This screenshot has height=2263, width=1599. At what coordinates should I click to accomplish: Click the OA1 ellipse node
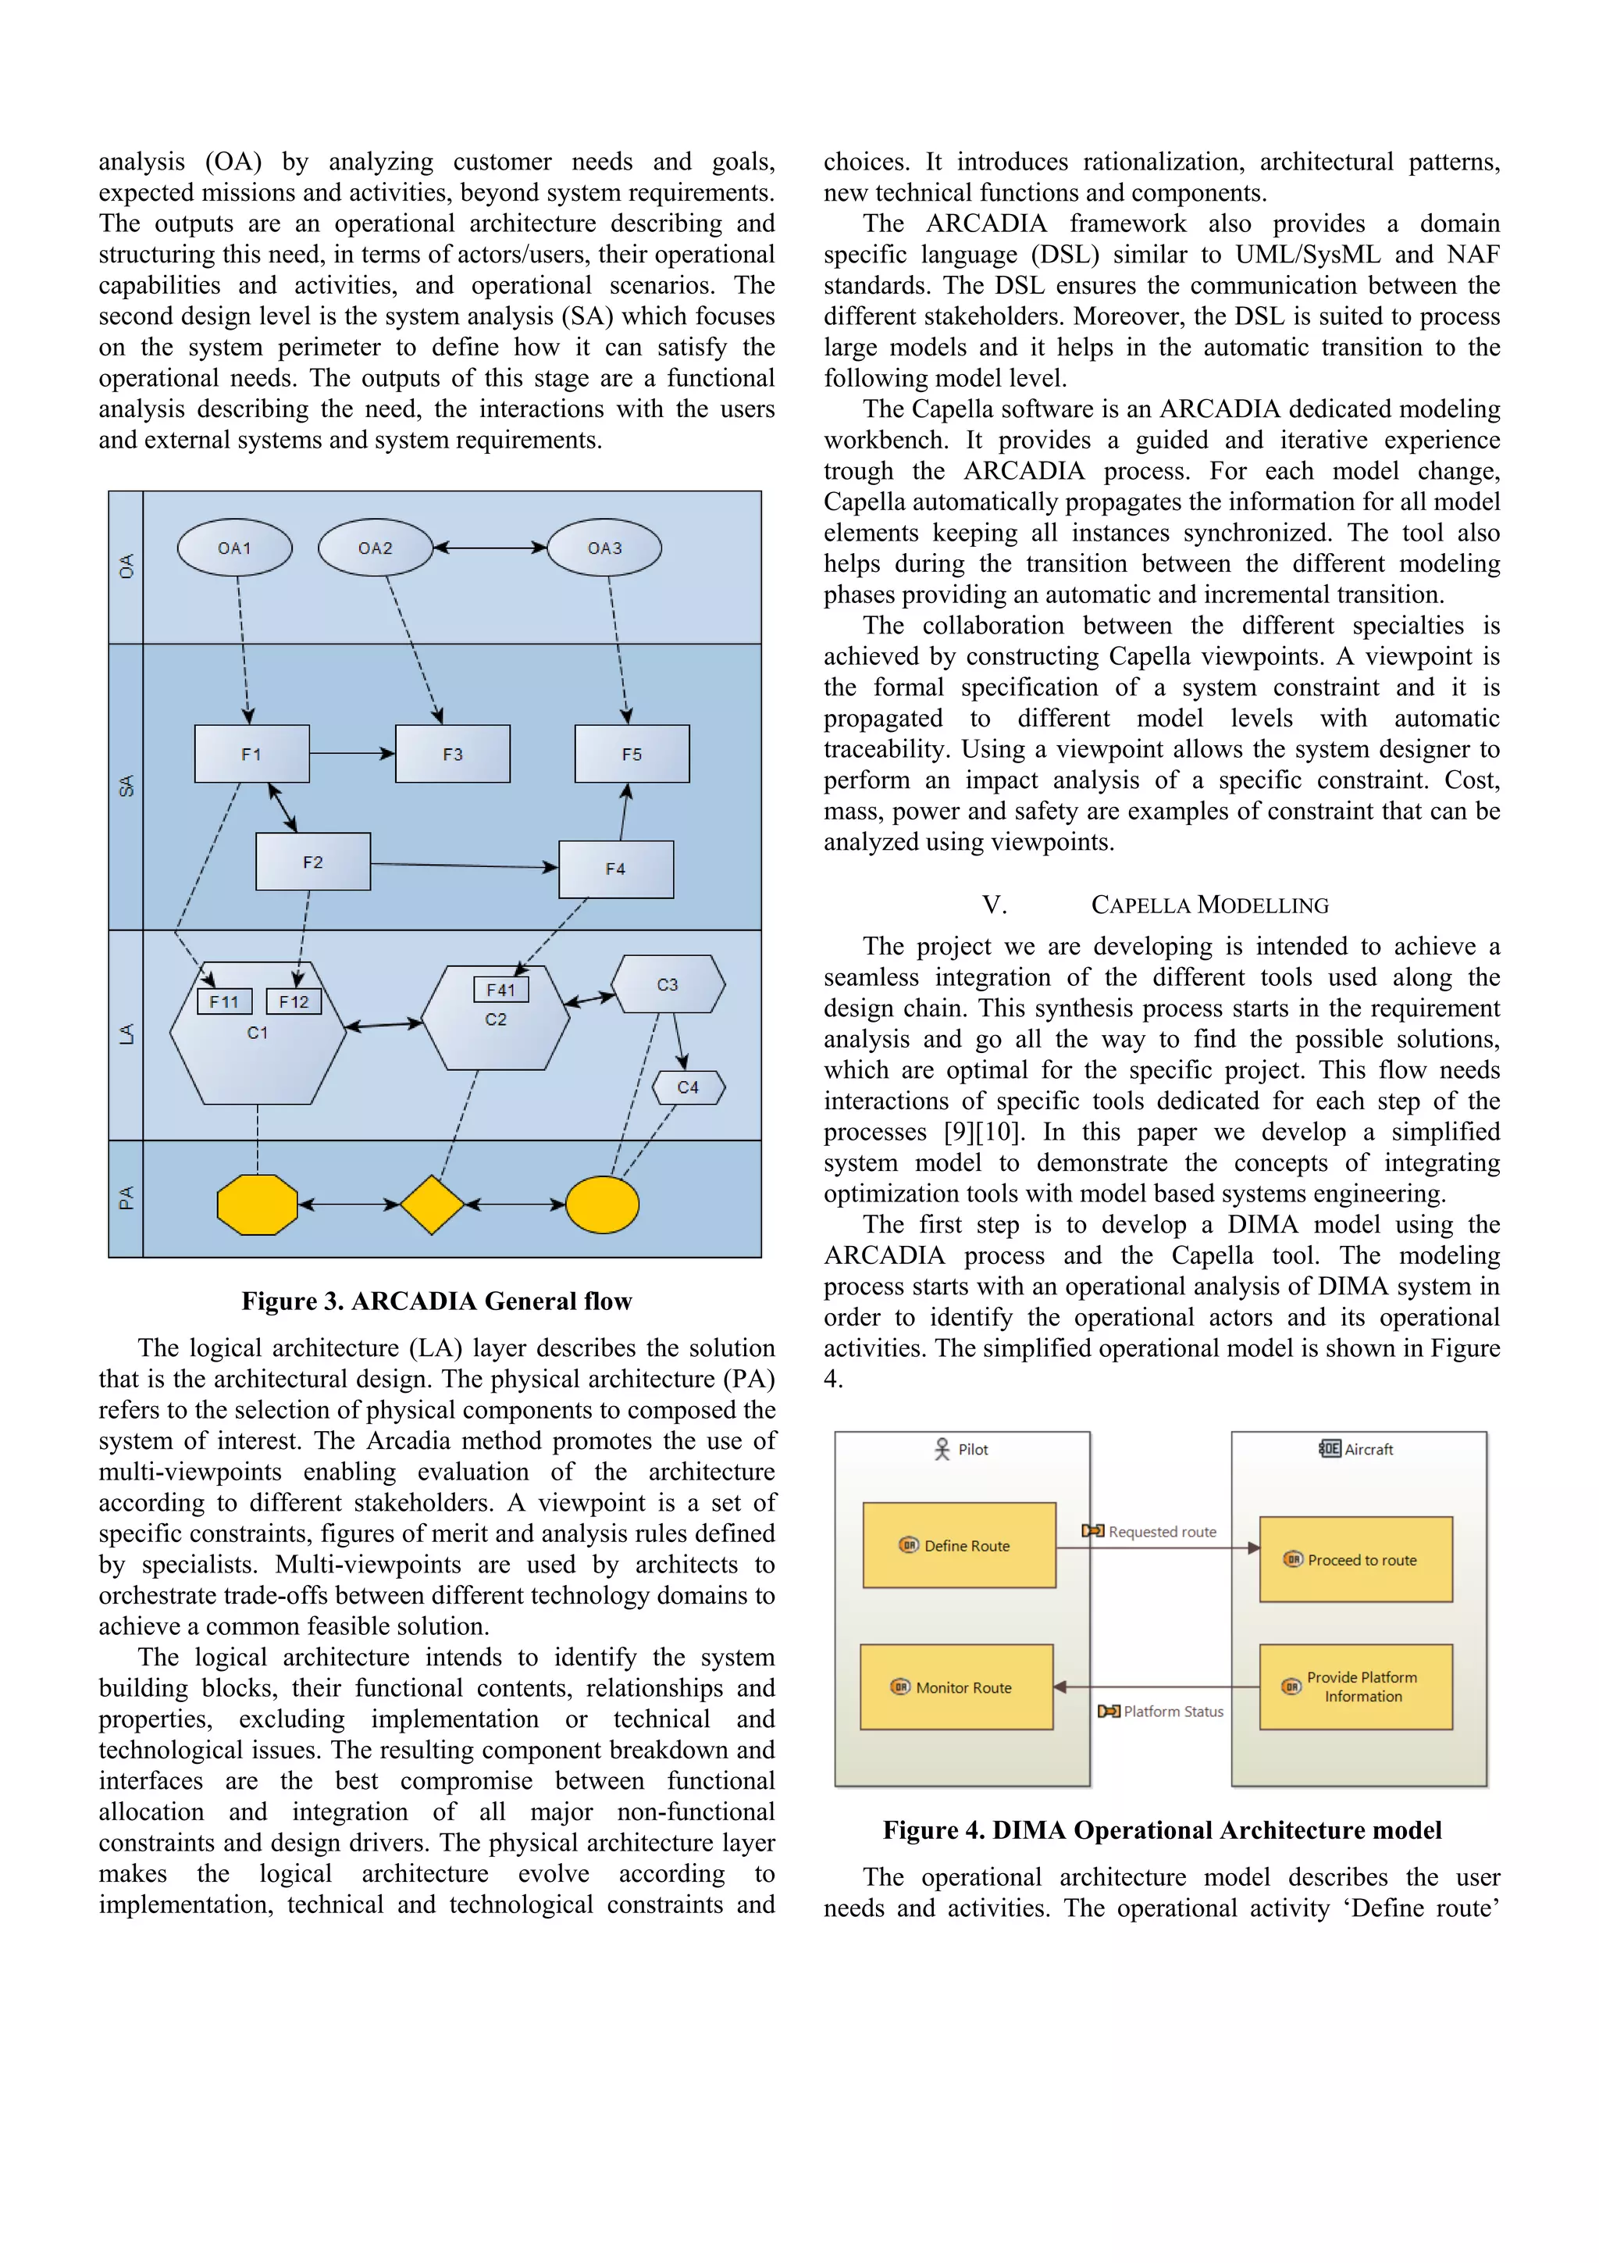coord(234,548)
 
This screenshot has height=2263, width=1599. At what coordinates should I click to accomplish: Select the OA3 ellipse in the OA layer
coord(604,548)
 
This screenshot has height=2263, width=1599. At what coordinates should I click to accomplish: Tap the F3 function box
coord(452,754)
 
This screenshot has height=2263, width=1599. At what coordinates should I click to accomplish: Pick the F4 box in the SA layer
coord(616,869)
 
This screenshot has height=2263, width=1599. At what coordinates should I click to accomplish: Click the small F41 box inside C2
coord(500,990)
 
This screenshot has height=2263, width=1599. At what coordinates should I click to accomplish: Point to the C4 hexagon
coord(688,1087)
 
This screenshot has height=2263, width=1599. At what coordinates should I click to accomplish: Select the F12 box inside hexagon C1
coord(294,1001)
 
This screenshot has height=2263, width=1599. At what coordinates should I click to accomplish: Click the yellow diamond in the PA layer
coord(432,1205)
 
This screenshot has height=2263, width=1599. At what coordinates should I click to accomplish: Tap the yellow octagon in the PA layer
coord(257,1205)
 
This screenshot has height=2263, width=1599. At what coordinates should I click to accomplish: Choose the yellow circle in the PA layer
coord(603,1205)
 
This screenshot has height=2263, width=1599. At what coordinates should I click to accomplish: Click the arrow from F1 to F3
coord(351,754)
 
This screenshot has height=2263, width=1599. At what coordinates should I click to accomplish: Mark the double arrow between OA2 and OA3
coord(490,548)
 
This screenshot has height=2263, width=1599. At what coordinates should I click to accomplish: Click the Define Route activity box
coord(959,1545)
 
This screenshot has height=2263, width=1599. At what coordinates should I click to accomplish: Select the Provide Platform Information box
coord(1355,1687)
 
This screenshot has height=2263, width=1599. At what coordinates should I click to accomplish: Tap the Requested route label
coord(1162,1532)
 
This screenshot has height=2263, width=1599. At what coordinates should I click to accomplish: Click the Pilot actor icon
coord(942,1449)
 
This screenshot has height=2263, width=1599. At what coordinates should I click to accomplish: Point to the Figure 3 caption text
coord(436,1301)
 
